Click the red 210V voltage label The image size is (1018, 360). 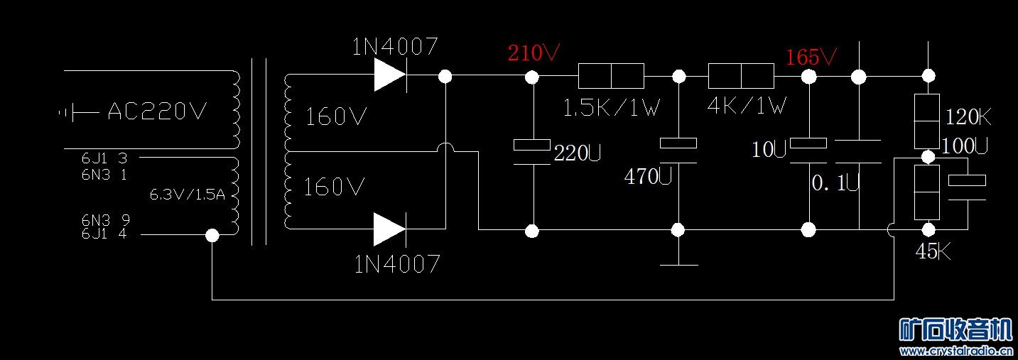[x=534, y=53]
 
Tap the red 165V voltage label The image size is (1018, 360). [x=811, y=57]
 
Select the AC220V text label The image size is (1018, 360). [x=157, y=111]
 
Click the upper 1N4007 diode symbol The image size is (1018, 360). [x=389, y=75]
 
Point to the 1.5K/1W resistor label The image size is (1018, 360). [x=611, y=108]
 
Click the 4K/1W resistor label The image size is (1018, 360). [x=747, y=106]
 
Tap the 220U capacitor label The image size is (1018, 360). [x=578, y=153]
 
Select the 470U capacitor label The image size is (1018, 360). [x=648, y=177]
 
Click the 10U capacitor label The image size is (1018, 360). [x=769, y=150]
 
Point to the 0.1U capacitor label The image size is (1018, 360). [x=835, y=184]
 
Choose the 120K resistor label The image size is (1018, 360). [x=968, y=117]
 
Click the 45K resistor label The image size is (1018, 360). [x=933, y=251]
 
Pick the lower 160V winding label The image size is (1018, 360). [x=334, y=187]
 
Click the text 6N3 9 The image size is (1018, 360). [x=104, y=220]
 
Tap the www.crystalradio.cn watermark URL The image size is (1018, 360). [x=955, y=351]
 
